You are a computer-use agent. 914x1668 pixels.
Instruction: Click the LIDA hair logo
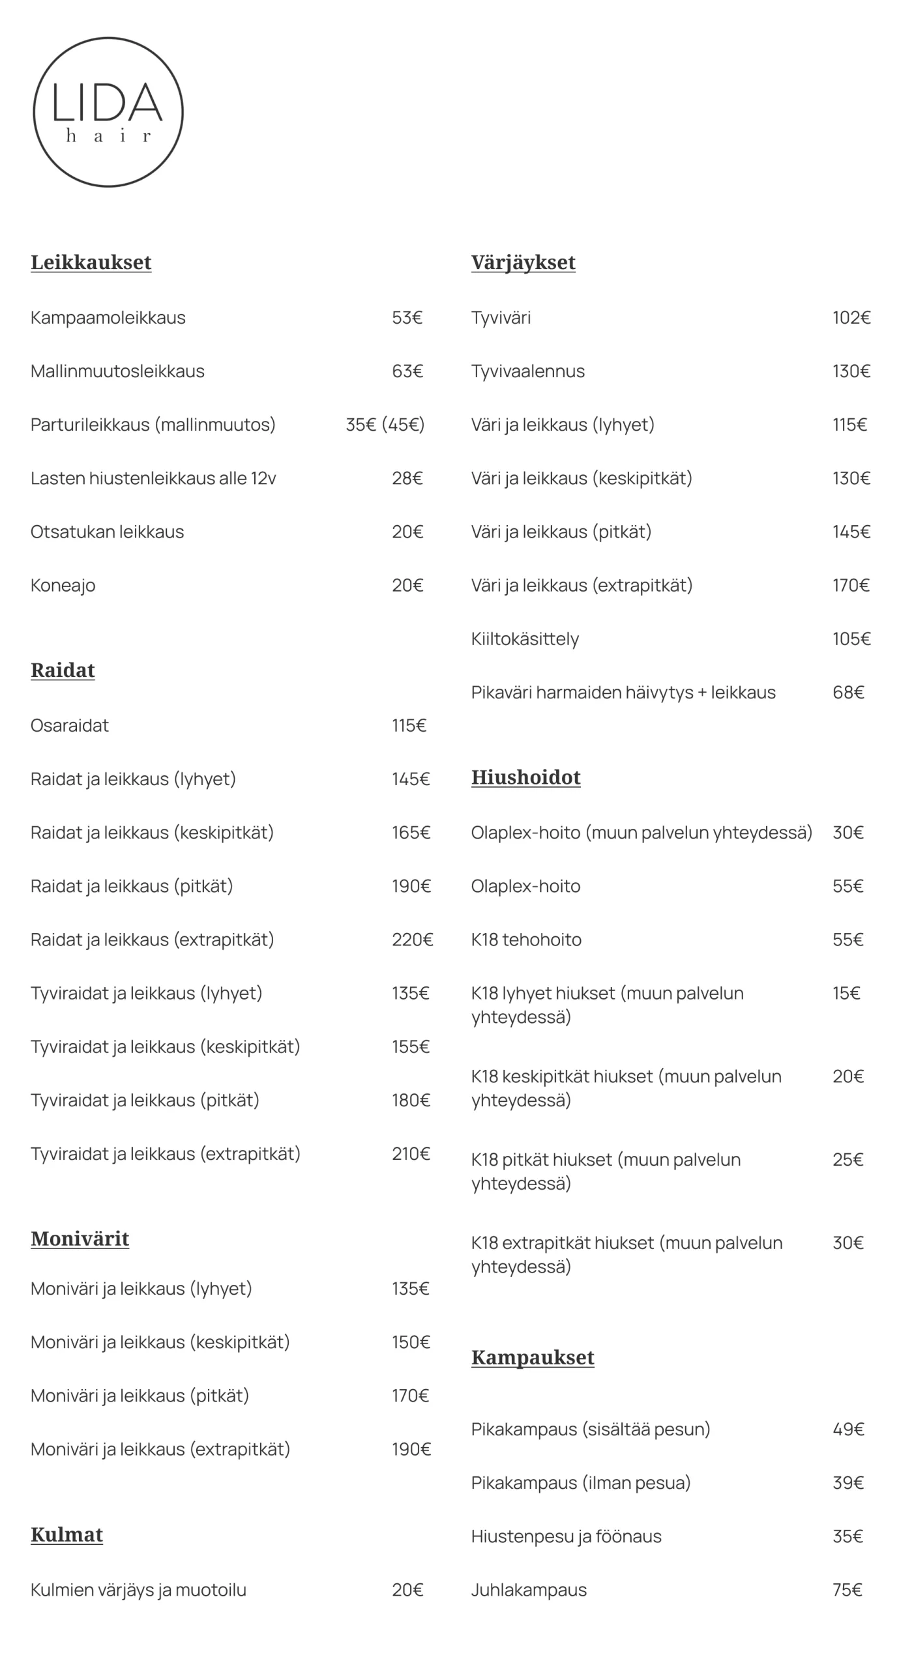(108, 112)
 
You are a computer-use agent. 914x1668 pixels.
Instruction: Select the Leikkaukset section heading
(91, 262)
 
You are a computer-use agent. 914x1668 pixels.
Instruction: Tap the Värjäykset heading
(523, 262)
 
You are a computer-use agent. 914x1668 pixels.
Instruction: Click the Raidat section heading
(63, 670)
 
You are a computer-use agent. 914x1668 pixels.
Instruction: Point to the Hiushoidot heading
(525, 777)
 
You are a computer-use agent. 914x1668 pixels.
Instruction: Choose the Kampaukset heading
(533, 1357)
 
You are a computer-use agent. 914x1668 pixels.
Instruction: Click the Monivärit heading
(80, 1238)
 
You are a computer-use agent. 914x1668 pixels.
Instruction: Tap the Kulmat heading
(66, 1534)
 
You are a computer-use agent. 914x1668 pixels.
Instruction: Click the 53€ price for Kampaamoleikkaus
(407, 317)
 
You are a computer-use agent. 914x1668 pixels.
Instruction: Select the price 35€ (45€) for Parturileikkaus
(385, 424)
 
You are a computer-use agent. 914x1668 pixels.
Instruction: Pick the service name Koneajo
(63, 585)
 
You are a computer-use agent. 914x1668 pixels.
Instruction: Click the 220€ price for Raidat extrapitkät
(412, 939)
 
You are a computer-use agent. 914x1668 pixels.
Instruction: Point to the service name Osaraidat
(70, 725)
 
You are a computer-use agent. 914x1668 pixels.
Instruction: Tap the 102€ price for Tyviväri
(851, 317)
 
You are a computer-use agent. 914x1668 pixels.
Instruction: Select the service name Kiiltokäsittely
(525, 639)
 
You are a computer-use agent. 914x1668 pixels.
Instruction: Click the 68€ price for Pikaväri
(848, 692)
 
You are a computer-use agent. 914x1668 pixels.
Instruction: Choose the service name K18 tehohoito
(526, 939)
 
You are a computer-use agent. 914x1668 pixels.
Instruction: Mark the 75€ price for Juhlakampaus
(847, 1589)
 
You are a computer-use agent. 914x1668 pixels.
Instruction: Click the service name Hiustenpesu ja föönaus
(566, 1536)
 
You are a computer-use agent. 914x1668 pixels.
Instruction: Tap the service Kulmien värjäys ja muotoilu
(138, 1589)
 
